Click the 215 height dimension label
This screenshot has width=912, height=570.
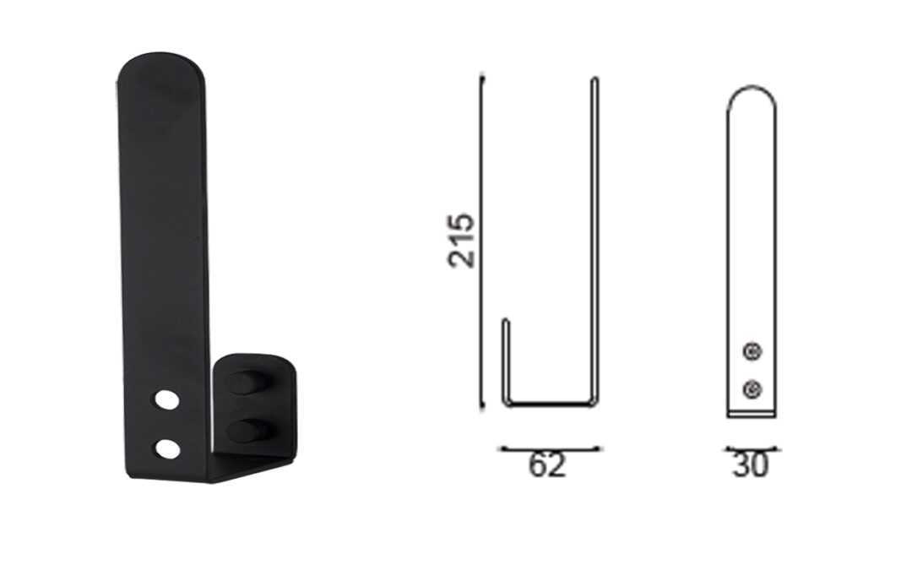[x=461, y=240]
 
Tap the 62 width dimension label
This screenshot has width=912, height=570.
[x=546, y=465]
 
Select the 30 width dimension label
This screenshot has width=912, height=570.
[x=751, y=465]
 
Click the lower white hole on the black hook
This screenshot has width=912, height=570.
[x=167, y=448]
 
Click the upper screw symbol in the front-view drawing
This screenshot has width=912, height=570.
[x=752, y=351]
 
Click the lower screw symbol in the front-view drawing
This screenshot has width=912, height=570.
[x=752, y=388]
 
